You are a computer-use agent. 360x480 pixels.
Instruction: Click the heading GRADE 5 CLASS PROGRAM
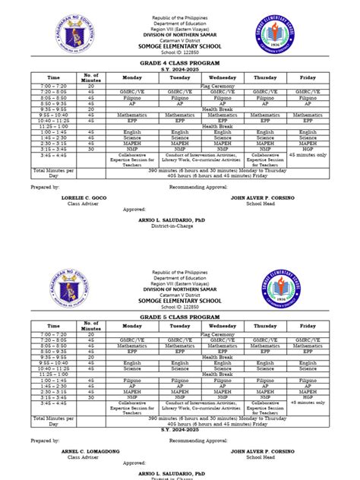click(x=179, y=316)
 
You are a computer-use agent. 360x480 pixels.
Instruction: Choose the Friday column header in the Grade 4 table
click(x=307, y=77)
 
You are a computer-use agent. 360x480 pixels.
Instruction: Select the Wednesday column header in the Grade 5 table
click(x=223, y=326)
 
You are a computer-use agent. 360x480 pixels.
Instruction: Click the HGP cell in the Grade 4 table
click(x=307, y=150)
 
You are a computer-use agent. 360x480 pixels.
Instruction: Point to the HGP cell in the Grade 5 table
click(x=307, y=396)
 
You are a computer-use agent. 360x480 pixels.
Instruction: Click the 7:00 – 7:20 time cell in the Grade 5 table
click(x=53, y=334)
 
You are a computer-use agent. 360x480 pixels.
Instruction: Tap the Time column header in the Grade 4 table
click(x=53, y=77)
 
